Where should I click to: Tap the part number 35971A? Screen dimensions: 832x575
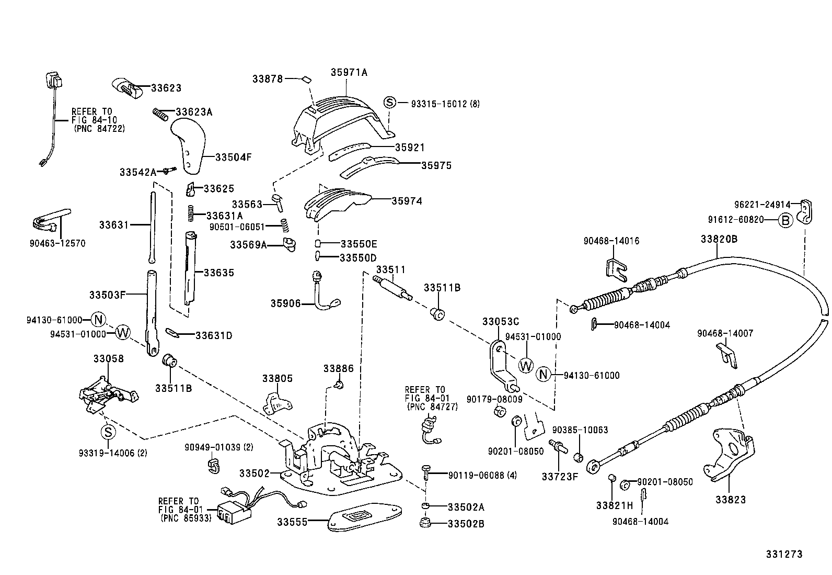click(349, 73)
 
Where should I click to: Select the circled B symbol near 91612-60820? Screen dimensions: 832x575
click(785, 220)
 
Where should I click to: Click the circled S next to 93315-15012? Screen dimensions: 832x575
click(390, 103)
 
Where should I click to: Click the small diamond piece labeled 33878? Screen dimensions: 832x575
click(306, 80)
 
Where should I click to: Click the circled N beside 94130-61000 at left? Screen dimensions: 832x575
click(98, 319)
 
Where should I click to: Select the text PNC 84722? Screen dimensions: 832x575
click(99, 128)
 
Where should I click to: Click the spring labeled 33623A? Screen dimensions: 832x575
click(162, 114)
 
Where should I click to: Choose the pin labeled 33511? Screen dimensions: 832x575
click(393, 288)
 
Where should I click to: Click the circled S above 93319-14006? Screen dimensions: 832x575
click(107, 432)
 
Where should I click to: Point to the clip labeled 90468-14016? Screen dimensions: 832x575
click(617, 267)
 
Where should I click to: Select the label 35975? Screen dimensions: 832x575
click(436, 165)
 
